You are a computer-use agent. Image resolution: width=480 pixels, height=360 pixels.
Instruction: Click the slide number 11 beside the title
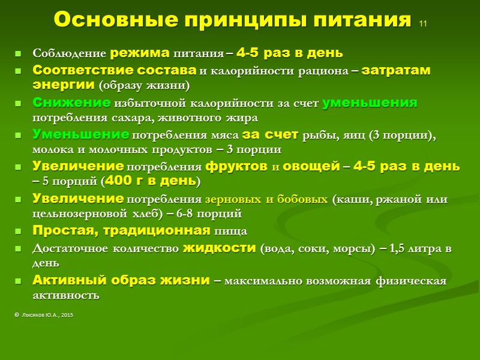[x=422, y=25]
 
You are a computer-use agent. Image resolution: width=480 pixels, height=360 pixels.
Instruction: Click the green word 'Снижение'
[x=71, y=102]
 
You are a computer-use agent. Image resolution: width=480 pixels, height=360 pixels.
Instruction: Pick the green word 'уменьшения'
[x=370, y=102]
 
